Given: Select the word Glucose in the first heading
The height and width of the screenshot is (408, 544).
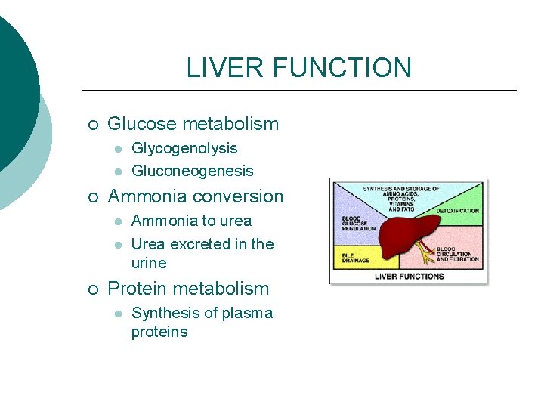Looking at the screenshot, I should point(141,124).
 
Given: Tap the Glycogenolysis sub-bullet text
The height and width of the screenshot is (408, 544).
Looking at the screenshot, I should point(184,148).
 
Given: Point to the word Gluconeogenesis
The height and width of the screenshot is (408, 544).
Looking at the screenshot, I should point(192,171).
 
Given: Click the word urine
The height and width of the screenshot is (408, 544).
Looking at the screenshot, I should point(149,263).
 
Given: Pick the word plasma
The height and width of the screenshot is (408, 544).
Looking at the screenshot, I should point(247,313).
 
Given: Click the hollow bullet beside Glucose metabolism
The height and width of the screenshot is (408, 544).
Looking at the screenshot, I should point(91,125).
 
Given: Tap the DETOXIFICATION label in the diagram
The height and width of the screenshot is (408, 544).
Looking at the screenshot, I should point(457,211).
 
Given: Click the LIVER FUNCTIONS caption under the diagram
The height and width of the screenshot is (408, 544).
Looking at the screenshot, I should point(409,276).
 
